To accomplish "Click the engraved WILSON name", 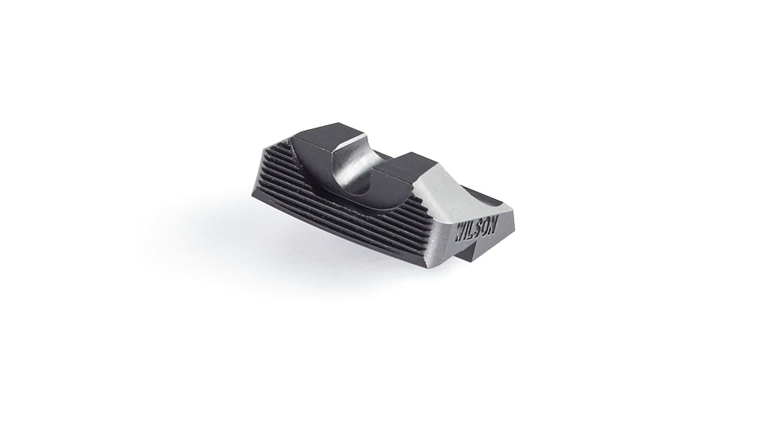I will pyautogui.click(x=476, y=230).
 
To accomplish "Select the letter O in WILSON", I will pyautogui.click(x=486, y=227).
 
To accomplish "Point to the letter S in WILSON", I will pyautogui.click(x=478, y=229).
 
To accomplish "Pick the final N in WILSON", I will pyautogui.click(x=493, y=224).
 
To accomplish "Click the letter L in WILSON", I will pyautogui.click(x=472, y=231).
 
